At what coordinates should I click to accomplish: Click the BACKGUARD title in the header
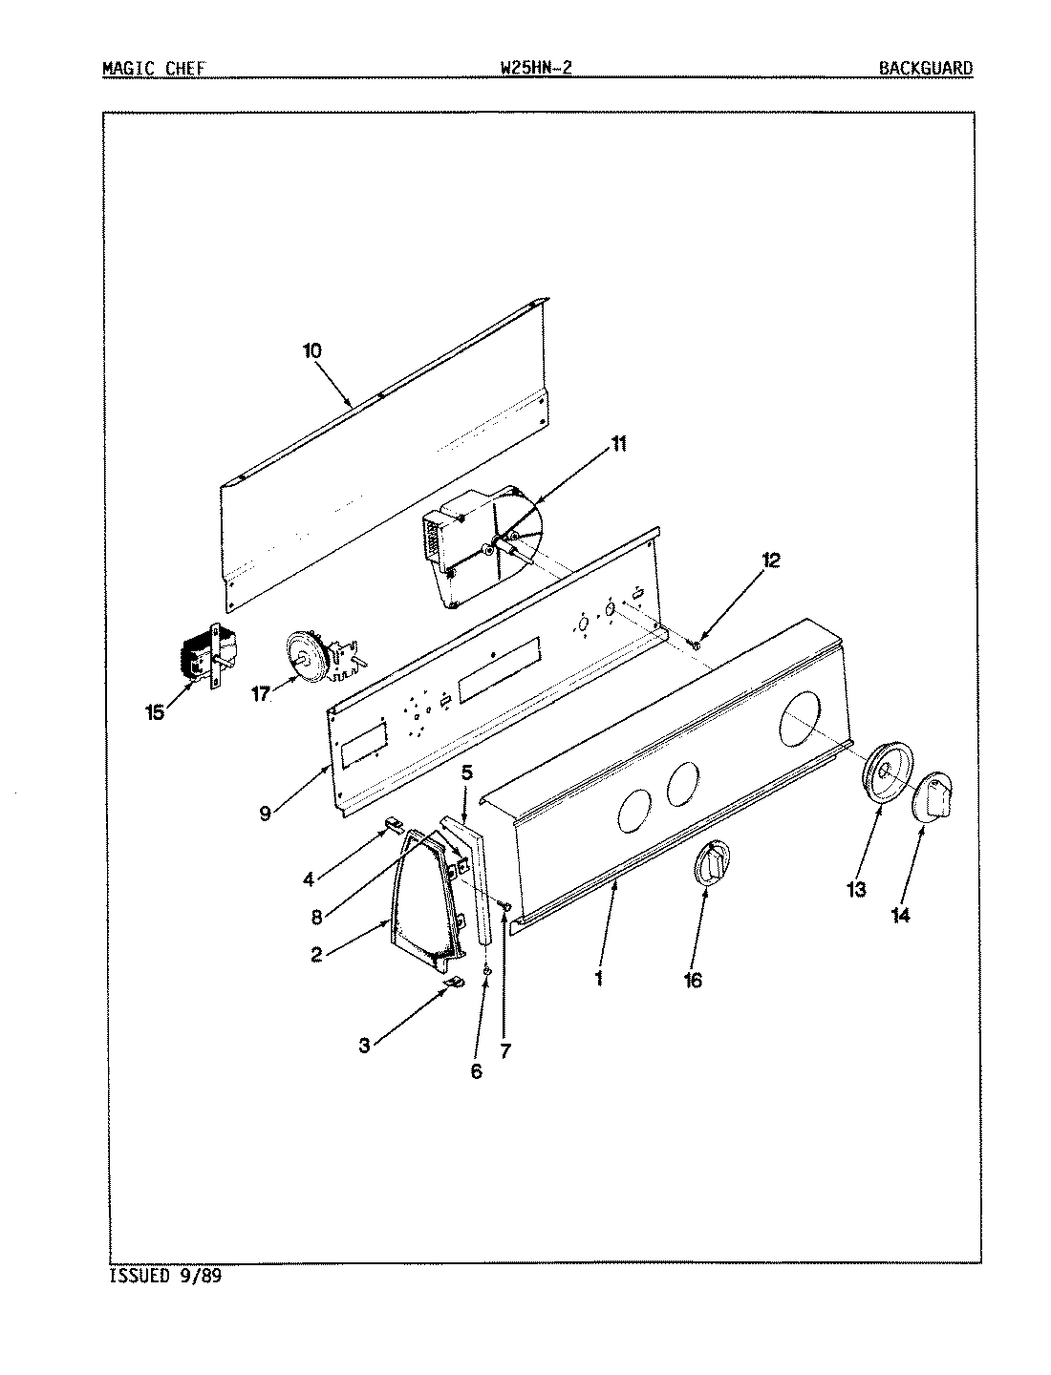coord(926,68)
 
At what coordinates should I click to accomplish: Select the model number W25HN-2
coord(536,68)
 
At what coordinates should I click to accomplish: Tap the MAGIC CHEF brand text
coord(153,68)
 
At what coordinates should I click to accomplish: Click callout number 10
coord(312,350)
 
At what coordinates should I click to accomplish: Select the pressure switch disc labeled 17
coord(311,656)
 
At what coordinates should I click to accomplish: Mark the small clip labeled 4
coord(393,822)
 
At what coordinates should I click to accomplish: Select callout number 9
coord(265,814)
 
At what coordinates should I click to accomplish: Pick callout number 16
coord(693,980)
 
